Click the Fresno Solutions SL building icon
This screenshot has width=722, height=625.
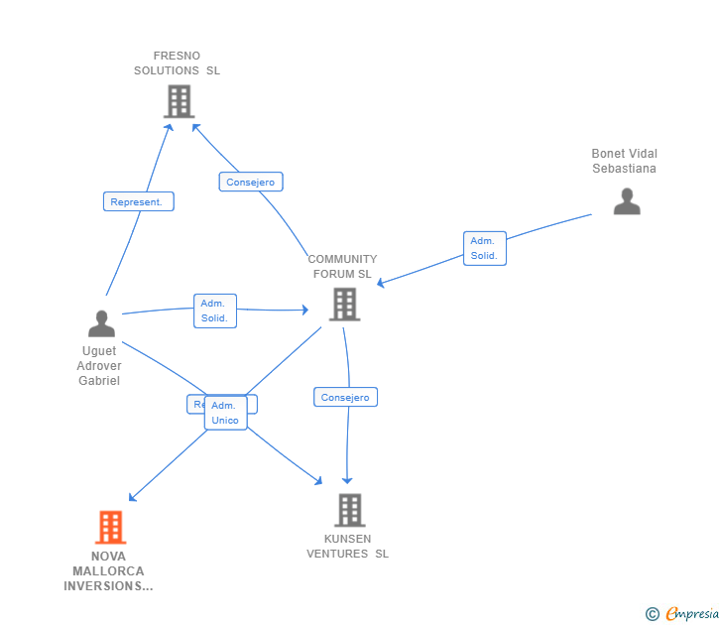(x=179, y=101)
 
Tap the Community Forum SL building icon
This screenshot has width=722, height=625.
(x=344, y=305)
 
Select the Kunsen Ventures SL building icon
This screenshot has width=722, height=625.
(x=349, y=510)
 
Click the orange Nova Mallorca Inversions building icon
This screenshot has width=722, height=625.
(x=110, y=527)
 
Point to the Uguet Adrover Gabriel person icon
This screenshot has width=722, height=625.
(x=101, y=323)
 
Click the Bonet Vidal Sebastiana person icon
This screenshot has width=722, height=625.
(x=627, y=201)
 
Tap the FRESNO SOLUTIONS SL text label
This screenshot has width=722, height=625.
(x=178, y=63)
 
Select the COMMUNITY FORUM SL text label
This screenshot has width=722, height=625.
(x=342, y=267)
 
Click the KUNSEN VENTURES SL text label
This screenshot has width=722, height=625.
(x=347, y=547)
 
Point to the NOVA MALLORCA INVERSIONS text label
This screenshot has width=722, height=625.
(x=108, y=570)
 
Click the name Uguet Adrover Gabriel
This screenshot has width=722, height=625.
(x=99, y=366)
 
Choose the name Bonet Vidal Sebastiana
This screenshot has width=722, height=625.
(x=624, y=161)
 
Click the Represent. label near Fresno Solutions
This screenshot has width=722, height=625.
(x=138, y=201)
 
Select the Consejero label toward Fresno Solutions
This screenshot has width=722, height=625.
(x=251, y=182)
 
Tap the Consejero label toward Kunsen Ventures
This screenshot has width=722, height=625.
(x=345, y=397)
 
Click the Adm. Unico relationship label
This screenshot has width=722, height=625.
(x=225, y=413)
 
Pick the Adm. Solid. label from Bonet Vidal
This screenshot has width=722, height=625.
(x=484, y=248)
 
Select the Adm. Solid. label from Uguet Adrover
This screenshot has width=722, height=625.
(x=214, y=311)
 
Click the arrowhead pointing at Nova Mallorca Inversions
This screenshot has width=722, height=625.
(x=133, y=497)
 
